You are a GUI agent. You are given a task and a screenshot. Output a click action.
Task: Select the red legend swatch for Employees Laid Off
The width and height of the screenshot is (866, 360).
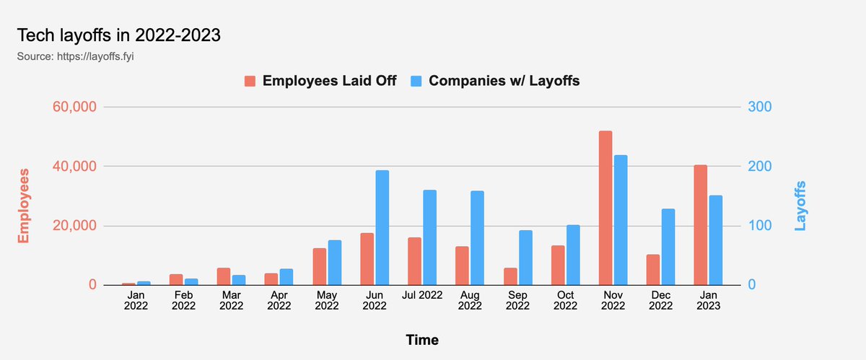(x=250, y=81)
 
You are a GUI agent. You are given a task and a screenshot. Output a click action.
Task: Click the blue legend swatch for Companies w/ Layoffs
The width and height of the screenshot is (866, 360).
(x=416, y=81)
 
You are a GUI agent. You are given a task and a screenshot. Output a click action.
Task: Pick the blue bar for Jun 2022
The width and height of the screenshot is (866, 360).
(x=382, y=227)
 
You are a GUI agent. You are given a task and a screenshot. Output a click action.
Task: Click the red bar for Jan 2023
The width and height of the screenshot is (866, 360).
(x=700, y=225)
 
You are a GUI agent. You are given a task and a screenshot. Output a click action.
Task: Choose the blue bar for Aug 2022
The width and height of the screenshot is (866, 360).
(x=477, y=238)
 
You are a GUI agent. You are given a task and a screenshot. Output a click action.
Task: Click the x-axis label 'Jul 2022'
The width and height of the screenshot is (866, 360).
(x=422, y=294)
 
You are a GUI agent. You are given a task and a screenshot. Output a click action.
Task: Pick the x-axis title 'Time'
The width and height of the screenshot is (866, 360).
(x=422, y=339)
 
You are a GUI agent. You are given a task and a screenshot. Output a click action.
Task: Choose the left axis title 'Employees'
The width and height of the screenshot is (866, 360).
(x=24, y=206)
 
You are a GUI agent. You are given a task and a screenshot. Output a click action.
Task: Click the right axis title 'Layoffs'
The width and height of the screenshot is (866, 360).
(x=800, y=206)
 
